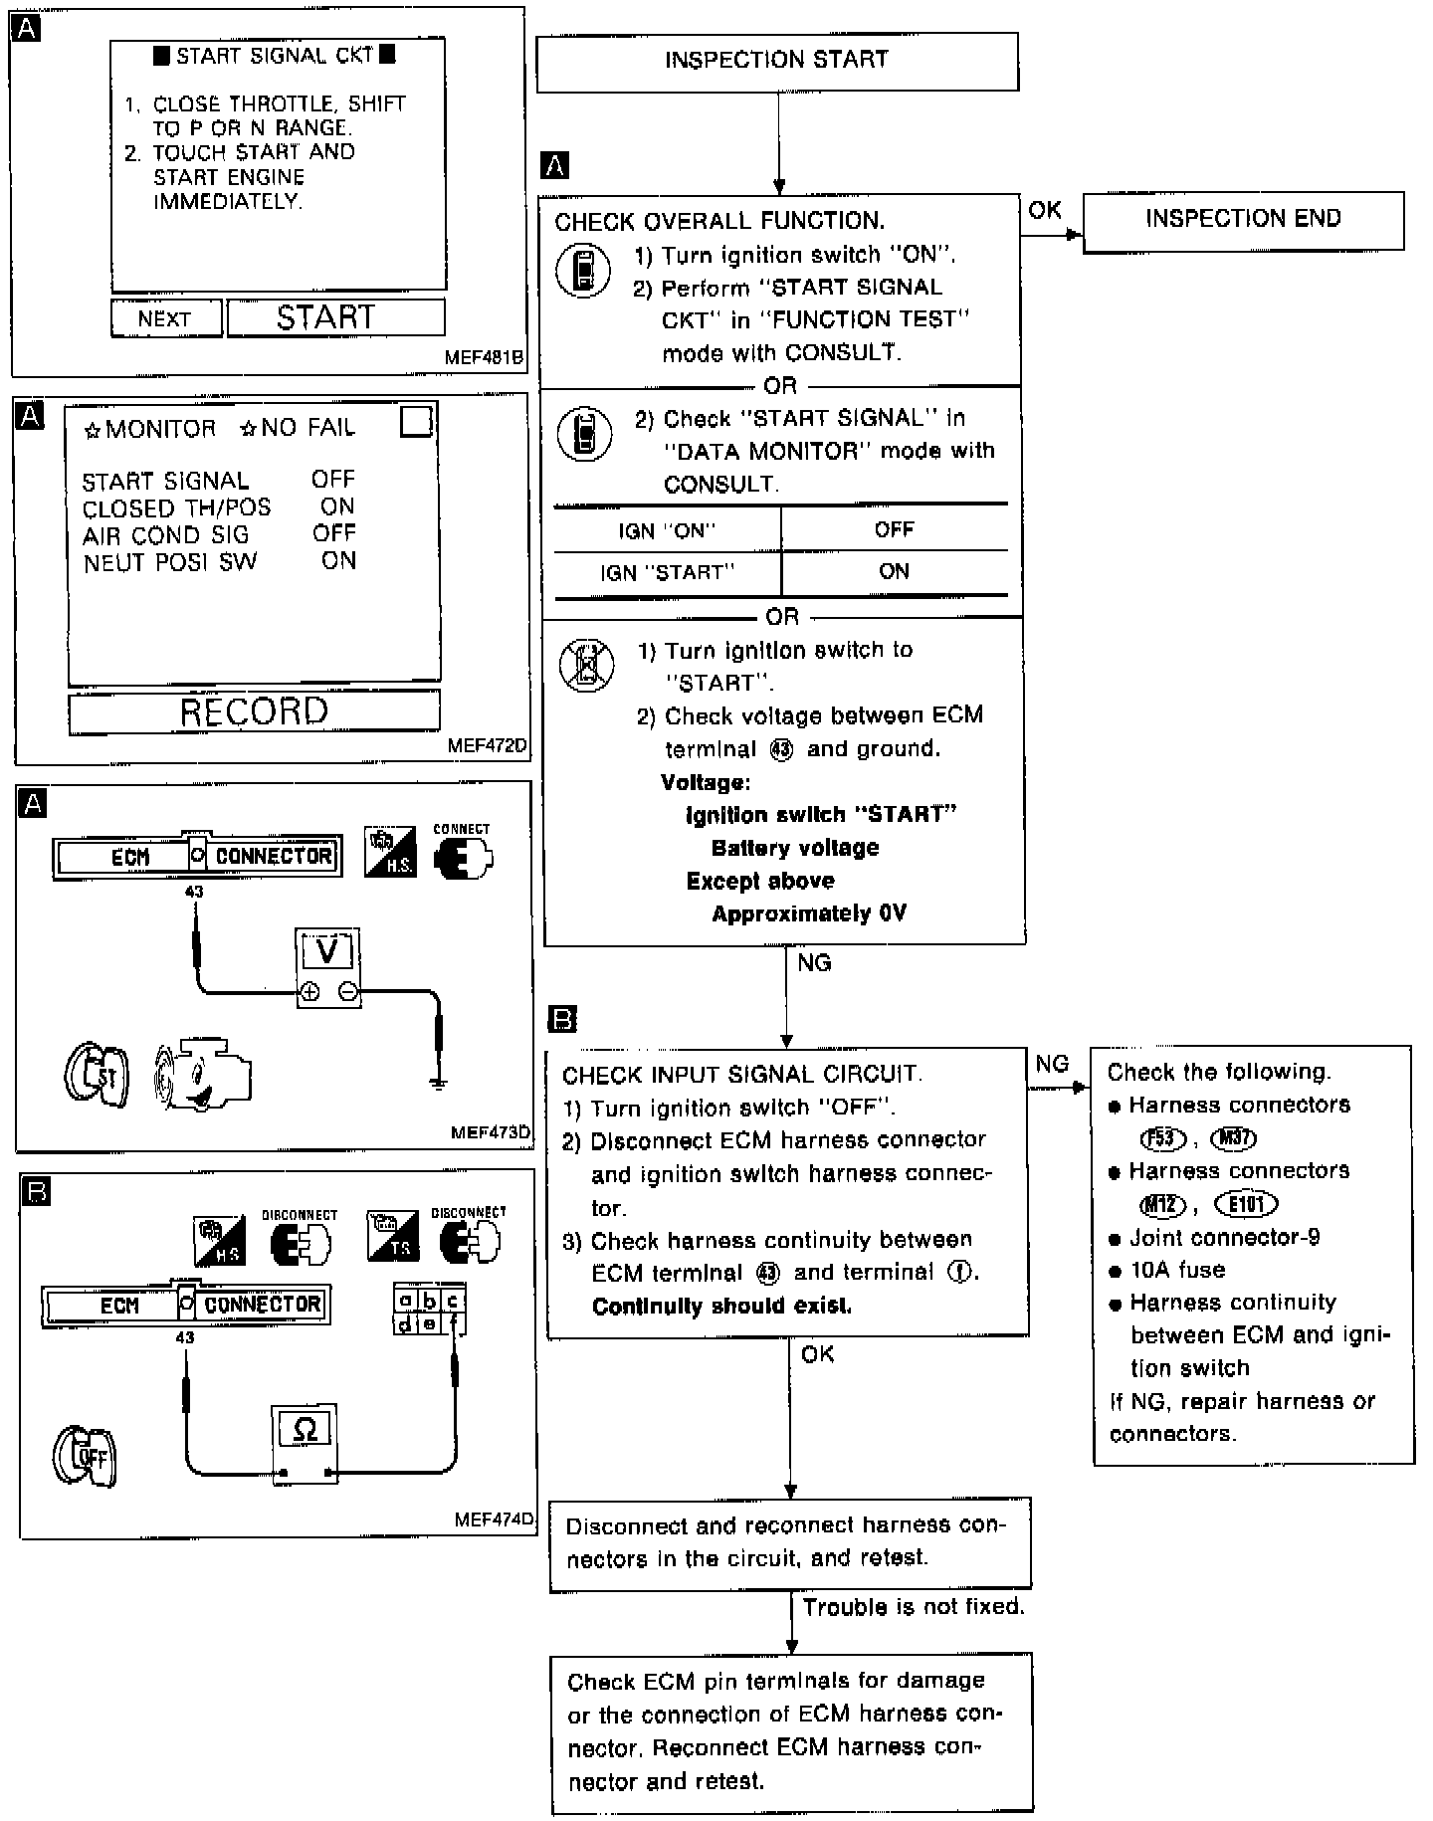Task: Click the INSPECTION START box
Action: pos(777,61)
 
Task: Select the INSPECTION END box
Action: pos(1243,220)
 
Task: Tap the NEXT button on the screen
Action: pos(165,318)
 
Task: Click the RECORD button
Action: pos(254,711)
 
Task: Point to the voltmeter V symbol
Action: pos(327,952)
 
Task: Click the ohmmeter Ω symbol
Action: pos(306,1431)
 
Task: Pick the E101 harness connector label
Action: pos(1246,1205)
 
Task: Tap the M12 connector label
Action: pos(1162,1205)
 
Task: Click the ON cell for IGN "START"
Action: pos(894,572)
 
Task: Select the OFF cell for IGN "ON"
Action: pos(894,529)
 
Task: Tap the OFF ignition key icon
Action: pos(86,1458)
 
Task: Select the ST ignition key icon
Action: pos(96,1075)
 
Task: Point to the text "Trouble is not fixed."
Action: pos(914,1607)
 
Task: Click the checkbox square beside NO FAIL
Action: pos(416,421)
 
